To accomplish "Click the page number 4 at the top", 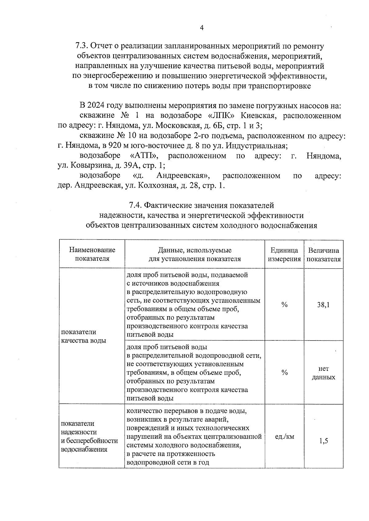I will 202,28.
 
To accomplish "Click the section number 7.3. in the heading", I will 82,46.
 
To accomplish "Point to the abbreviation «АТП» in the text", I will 144,156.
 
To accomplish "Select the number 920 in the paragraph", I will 112,146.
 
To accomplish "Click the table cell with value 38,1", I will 323,305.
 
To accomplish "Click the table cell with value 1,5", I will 323,441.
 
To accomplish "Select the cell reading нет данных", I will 323,373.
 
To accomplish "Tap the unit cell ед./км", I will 284,436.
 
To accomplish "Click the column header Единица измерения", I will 284,255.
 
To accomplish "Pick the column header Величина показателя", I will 323,255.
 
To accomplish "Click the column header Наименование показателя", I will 92,254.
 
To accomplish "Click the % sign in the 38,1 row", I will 284,305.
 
